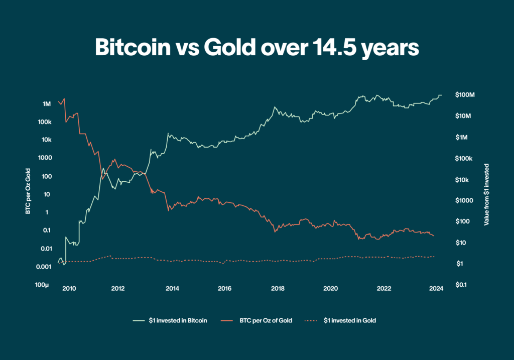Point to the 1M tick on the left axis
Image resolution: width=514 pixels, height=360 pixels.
(x=47, y=104)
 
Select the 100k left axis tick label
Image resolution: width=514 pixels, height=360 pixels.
(x=44, y=122)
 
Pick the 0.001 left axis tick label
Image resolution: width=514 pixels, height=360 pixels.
(x=44, y=267)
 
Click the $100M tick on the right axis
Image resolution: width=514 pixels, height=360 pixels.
(x=465, y=95)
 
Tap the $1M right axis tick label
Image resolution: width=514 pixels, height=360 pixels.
(x=461, y=137)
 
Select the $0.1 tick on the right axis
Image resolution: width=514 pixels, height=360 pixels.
(x=461, y=285)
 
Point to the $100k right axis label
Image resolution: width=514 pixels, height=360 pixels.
(x=463, y=159)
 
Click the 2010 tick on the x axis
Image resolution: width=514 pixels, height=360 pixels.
(x=69, y=288)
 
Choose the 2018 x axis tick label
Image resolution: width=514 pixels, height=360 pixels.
(x=277, y=288)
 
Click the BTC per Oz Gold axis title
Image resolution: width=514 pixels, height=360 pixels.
(x=29, y=194)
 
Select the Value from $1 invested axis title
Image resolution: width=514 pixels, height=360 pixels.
(x=486, y=194)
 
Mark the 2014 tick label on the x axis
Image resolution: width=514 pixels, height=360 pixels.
(x=172, y=288)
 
